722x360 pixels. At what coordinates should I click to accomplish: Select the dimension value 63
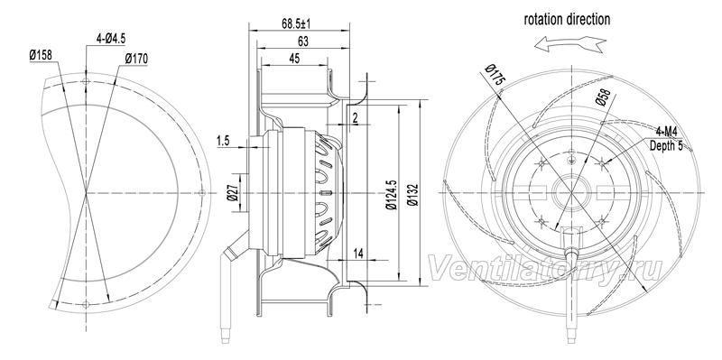pyautogui.click(x=302, y=42)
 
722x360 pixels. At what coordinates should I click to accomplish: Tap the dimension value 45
pyautogui.click(x=294, y=59)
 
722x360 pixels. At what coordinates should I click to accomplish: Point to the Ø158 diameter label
pyautogui.click(x=41, y=56)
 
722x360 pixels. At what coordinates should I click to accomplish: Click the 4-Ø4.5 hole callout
pyautogui.click(x=110, y=39)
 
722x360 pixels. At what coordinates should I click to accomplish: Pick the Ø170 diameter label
pyautogui.click(x=136, y=59)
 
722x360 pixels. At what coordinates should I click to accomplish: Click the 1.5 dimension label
pyautogui.click(x=223, y=142)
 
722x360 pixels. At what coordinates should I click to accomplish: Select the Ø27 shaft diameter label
pyautogui.click(x=233, y=193)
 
